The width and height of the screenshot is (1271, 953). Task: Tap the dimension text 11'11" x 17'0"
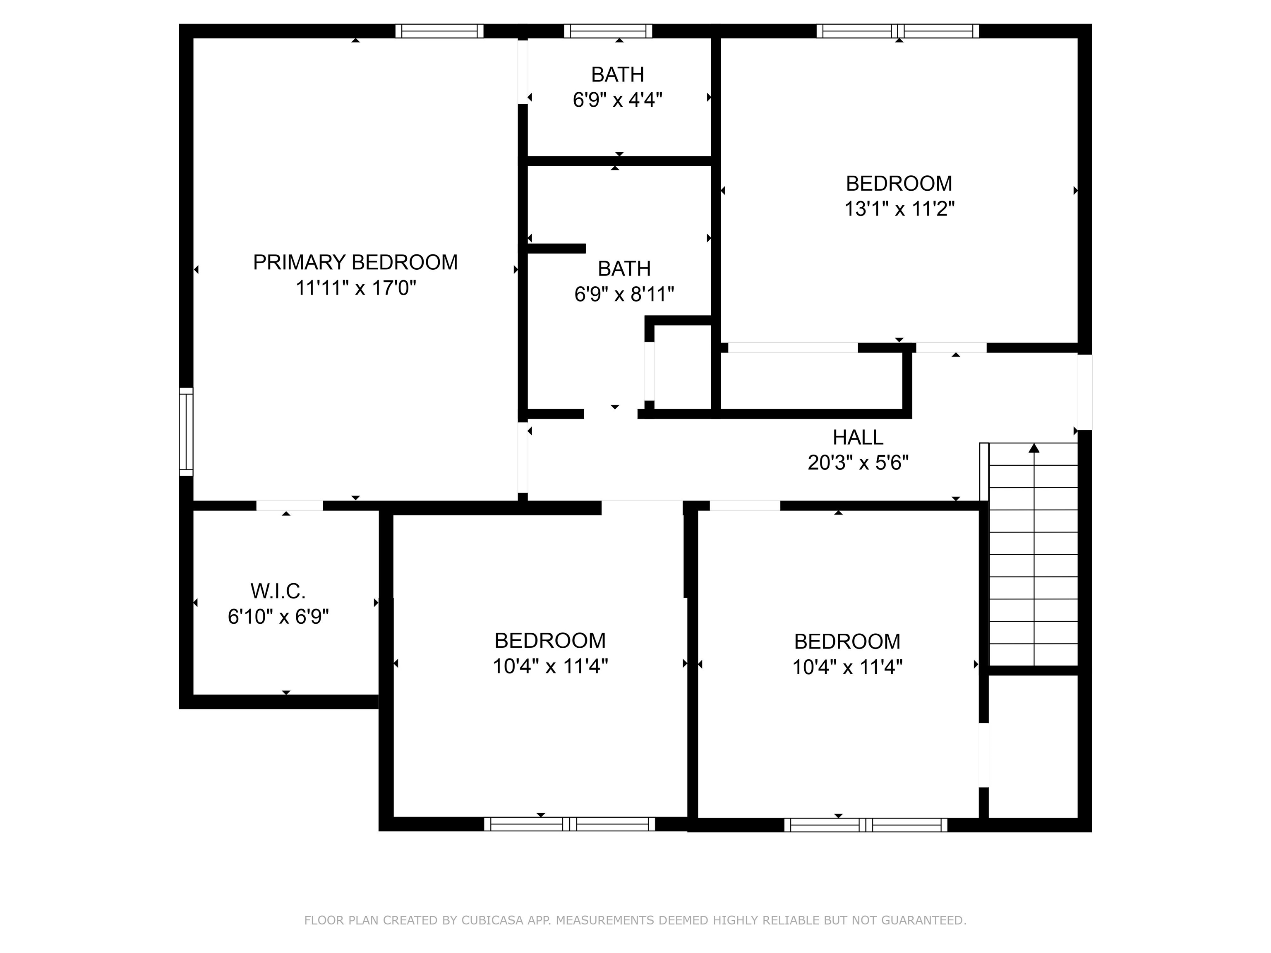pos(356,288)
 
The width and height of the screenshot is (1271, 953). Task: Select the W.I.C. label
pos(278,591)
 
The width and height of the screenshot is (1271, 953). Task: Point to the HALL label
pos(858,438)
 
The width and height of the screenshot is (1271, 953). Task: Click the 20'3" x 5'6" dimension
pos(858,463)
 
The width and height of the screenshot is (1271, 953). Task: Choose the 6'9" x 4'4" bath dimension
pos(618,100)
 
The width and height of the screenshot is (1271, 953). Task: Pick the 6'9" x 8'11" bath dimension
pos(624,294)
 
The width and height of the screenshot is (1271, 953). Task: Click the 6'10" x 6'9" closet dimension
pos(278,617)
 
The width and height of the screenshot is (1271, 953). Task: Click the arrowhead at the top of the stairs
pos(1034,448)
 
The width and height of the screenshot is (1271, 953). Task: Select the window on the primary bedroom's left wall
pos(186,432)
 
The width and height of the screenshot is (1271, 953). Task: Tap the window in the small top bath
pos(608,31)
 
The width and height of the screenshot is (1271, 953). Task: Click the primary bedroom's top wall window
pos(439,31)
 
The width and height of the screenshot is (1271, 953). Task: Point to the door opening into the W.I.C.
pos(290,505)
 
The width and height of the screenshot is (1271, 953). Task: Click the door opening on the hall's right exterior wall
pos(1085,393)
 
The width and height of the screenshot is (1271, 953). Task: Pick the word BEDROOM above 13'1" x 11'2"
pos(899,184)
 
